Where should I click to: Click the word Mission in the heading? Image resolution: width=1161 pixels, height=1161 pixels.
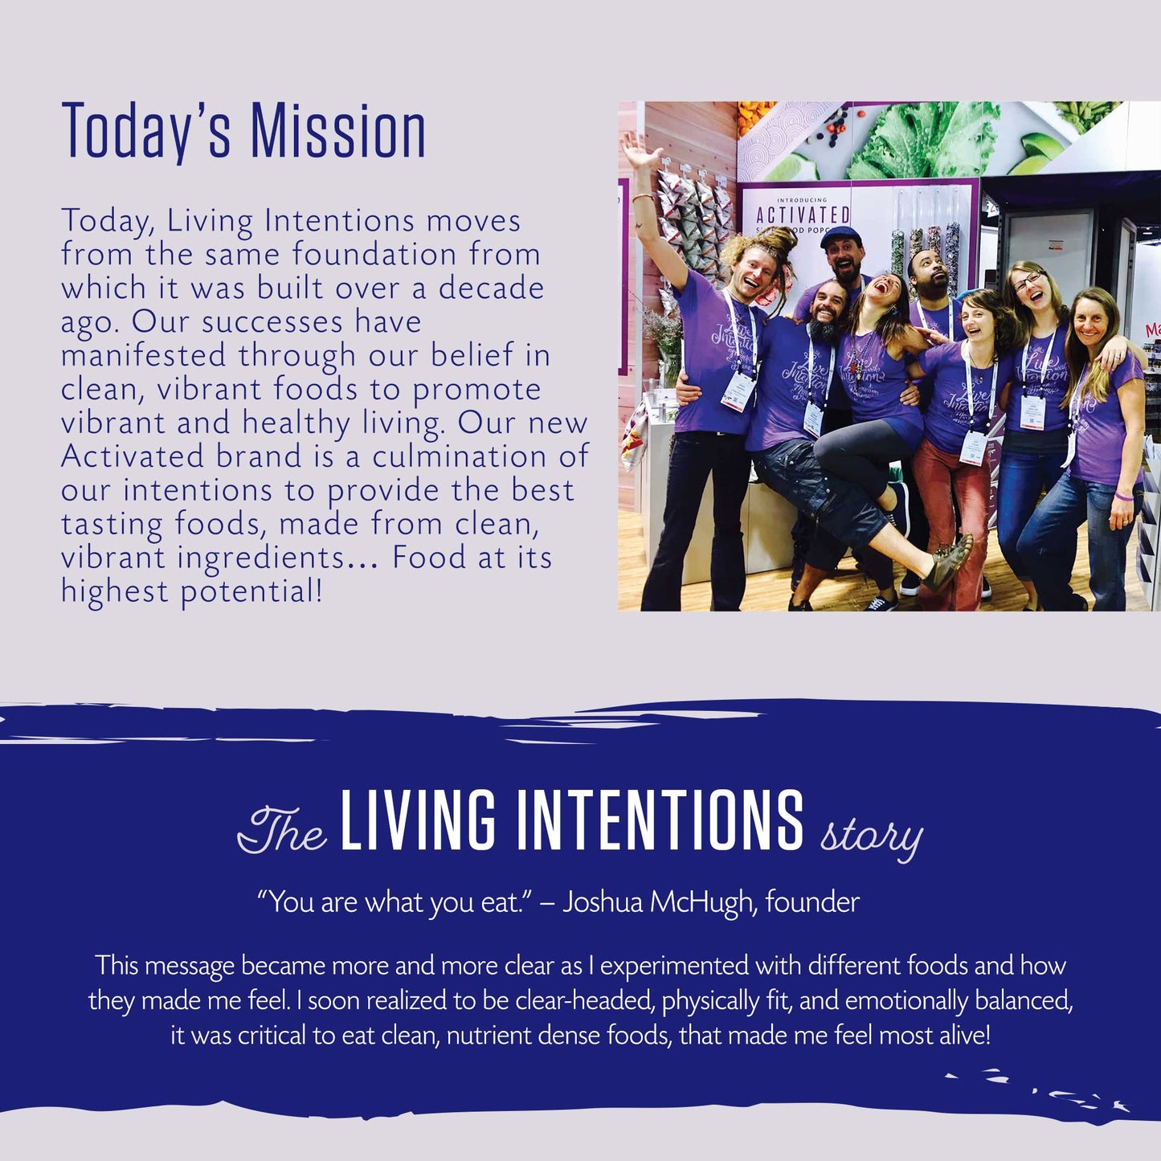[338, 131]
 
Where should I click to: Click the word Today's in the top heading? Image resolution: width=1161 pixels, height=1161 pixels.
[146, 133]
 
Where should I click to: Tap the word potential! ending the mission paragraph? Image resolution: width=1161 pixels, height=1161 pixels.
[251, 592]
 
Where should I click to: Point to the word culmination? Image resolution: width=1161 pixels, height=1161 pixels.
[460, 457]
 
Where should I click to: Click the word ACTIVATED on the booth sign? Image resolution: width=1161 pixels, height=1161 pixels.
[802, 215]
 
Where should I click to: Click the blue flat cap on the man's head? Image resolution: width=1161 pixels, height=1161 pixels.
[840, 236]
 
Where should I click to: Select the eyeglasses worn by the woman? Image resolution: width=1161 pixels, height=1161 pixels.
[1027, 281]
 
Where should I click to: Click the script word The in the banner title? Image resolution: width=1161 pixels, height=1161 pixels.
[282, 831]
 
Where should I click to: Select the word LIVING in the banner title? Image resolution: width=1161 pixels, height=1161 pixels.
[418, 820]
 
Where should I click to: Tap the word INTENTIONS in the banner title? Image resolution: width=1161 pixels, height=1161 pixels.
[660, 820]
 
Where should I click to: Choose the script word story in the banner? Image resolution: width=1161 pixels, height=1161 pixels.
[871, 836]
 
